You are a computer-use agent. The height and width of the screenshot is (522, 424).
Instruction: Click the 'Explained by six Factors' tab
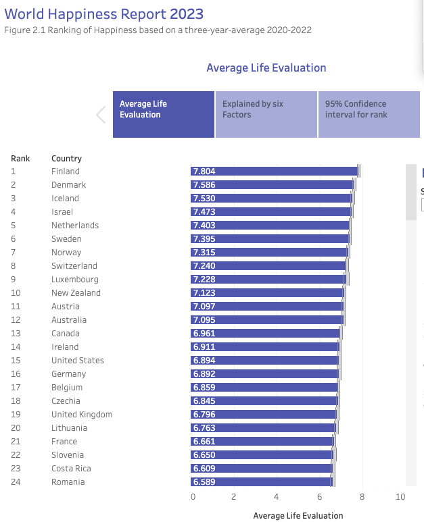tap(266, 115)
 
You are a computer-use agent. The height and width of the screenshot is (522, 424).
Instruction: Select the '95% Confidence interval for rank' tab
tap(369, 115)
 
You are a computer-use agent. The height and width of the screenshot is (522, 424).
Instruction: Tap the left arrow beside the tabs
tap(101, 115)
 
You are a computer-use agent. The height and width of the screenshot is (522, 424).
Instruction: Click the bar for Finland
tap(274, 172)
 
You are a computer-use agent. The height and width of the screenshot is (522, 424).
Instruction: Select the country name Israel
tap(62, 212)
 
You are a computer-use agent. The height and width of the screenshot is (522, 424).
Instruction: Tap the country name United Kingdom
tap(82, 415)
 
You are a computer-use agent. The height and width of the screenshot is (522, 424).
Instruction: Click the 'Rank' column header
tap(20, 159)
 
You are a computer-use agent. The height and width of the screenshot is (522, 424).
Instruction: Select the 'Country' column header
tap(66, 159)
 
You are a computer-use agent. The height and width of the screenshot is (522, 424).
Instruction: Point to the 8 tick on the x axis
tap(362, 498)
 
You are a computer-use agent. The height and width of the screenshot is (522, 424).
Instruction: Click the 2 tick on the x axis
tap(234, 498)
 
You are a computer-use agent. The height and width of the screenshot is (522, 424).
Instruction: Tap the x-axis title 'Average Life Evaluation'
tap(298, 516)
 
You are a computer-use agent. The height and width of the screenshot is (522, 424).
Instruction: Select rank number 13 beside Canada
tap(16, 334)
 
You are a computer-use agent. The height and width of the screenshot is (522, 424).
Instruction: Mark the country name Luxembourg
tap(74, 280)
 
